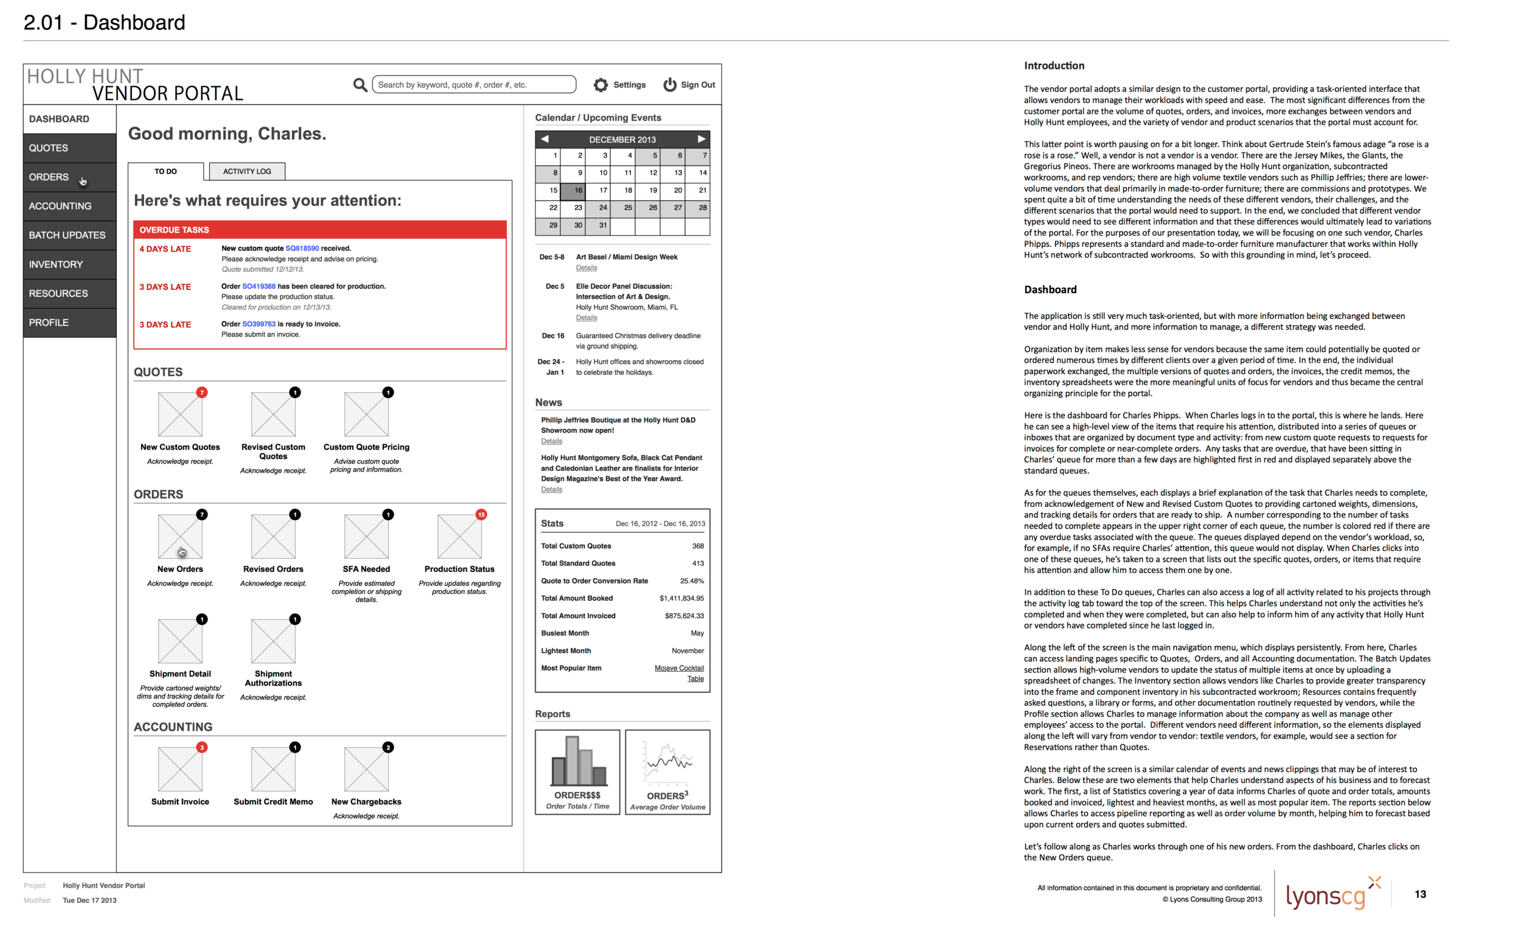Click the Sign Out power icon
670,85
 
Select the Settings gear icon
600,85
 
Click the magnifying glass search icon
360,85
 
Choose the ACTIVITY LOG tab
247,171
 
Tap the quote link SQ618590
302,248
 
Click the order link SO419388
259,287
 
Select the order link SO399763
259,324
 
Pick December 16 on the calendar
573,191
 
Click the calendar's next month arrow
701,139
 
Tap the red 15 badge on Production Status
481,514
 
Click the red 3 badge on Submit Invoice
202,747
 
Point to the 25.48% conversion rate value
691,581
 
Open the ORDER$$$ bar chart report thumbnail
577,771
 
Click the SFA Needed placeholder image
366,537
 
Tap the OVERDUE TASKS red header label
174,229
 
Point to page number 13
1420,894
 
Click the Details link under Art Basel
586,268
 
